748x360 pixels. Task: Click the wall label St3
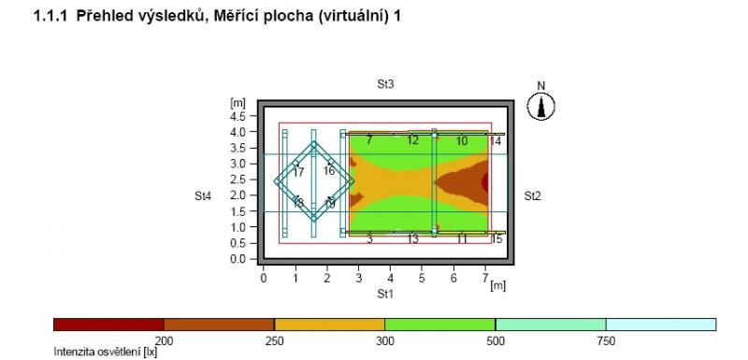385,85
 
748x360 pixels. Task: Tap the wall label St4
203,196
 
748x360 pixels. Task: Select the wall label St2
533,196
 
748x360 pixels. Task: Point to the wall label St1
385,295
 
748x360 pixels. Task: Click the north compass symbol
541,106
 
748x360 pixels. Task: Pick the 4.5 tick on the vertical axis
237,116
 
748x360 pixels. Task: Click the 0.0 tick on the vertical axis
237,259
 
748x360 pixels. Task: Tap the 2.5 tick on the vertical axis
237,180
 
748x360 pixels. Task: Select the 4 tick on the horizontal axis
390,278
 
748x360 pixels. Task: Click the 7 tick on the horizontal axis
485,278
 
